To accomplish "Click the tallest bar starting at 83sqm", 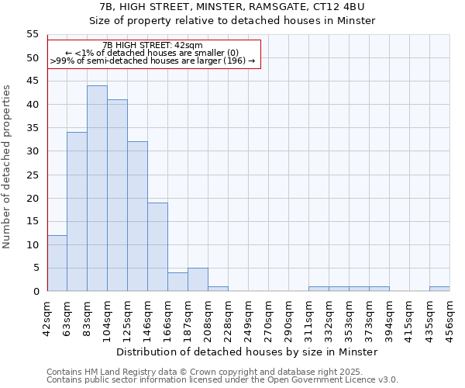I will (97, 189).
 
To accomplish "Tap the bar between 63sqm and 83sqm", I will (77, 212).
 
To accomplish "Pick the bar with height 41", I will (117, 196).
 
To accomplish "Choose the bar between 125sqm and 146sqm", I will (137, 217).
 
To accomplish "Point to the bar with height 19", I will (157, 247).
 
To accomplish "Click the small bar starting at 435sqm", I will (439, 289).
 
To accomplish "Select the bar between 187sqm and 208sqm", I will (198, 279).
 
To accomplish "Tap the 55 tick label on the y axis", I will (33, 34).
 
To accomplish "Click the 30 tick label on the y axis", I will (33, 151).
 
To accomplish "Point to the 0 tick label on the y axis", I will (36, 291).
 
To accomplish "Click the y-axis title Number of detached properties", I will (8, 167).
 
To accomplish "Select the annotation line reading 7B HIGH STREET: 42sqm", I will (153, 46).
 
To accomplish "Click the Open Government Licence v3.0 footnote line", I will (222, 380).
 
